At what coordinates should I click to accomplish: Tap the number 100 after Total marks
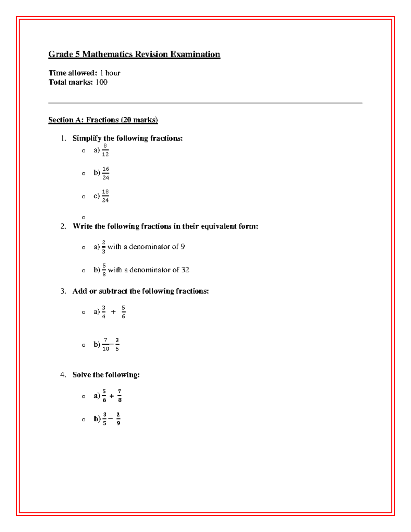click(x=101, y=82)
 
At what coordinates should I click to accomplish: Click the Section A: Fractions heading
click(x=103, y=120)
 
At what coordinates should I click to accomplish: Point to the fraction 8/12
click(x=105, y=150)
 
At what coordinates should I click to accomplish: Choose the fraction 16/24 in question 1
click(x=105, y=173)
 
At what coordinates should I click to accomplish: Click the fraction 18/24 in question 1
click(x=105, y=196)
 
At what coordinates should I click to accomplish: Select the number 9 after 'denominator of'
click(x=183, y=247)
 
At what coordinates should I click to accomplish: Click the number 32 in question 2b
click(x=185, y=270)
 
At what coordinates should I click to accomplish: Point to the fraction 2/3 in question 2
click(x=104, y=247)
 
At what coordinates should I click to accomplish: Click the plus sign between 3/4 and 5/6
click(x=113, y=312)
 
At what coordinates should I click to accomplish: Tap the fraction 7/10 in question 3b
click(x=105, y=344)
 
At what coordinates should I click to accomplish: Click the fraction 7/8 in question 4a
click(x=120, y=396)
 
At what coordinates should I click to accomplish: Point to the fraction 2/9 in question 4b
click(x=118, y=419)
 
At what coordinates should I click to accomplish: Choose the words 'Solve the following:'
click(x=106, y=375)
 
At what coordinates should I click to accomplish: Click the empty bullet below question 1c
click(x=84, y=218)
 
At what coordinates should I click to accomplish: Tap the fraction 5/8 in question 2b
click(x=104, y=270)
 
